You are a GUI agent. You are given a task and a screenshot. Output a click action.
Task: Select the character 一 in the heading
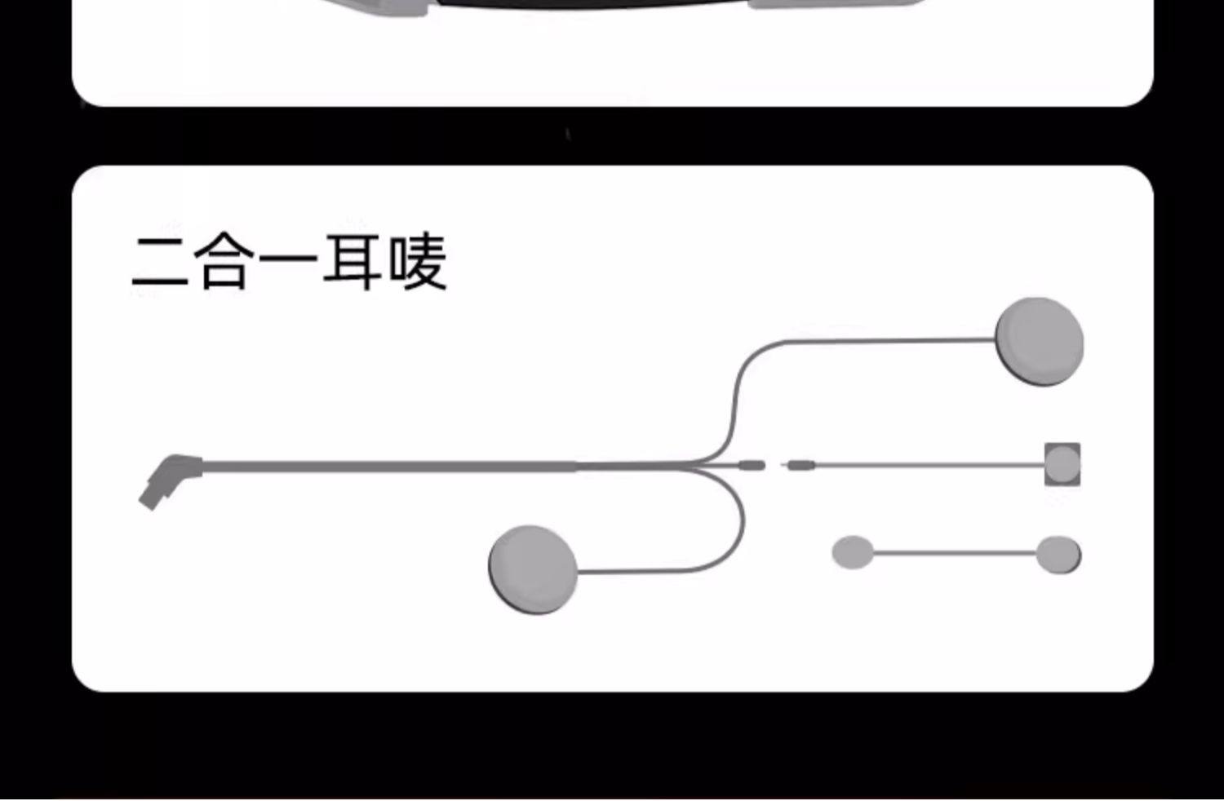coord(288,261)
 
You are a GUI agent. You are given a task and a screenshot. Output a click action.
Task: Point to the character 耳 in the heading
coord(353,263)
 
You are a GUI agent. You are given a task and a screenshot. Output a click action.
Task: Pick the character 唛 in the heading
coord(417,263)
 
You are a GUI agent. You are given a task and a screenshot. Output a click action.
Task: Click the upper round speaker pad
coord(1040,341)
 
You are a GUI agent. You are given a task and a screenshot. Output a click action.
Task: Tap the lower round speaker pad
coord(533,569)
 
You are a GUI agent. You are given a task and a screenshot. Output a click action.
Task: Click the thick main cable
coord(392,466)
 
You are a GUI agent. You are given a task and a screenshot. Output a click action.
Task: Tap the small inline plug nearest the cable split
coord(752,466)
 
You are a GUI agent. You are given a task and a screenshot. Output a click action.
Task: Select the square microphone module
coord(1062,464)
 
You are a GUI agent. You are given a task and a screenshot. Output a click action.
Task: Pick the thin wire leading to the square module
coord(930,466)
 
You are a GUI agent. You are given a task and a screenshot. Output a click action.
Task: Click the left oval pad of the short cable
coord(852,553)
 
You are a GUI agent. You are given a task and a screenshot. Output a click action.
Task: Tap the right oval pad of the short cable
coord(1058,554)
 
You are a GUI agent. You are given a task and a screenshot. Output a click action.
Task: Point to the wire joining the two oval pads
coord(955,553)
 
